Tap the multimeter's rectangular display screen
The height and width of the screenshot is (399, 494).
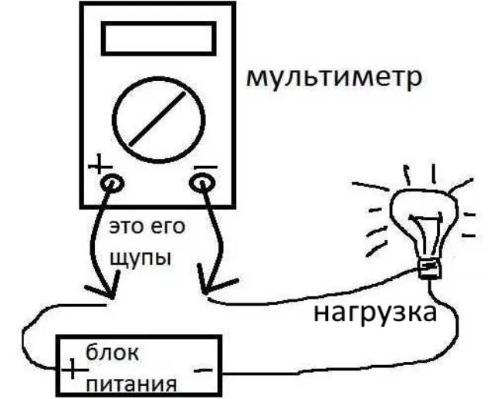159,38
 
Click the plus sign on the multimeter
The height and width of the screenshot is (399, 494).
100,164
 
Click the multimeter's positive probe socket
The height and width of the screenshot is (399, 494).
112,183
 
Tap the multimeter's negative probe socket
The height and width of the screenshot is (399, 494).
201,183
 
